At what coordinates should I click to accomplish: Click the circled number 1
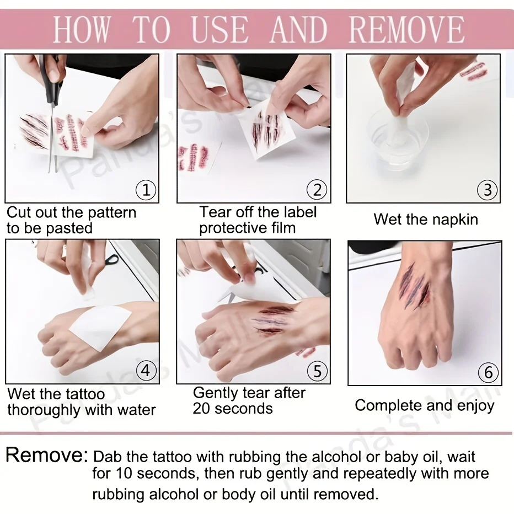pos(146,190)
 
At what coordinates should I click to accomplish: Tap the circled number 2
pos(317,190)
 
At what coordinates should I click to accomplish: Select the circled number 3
pos(488,190)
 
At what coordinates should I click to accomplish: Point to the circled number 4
pos(146,371)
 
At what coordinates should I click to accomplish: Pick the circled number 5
pos(317,371)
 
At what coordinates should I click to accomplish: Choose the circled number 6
pos(489,372)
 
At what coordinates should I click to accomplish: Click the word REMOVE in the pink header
pos(407,29)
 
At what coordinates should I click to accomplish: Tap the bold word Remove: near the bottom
pos(47,455)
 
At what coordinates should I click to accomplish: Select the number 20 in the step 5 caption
pos(201,409)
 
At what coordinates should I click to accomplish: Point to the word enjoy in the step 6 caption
pos(475,406)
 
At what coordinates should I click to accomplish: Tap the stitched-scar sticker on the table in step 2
pos(194,158)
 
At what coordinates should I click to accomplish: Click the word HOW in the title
pos(81,29)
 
